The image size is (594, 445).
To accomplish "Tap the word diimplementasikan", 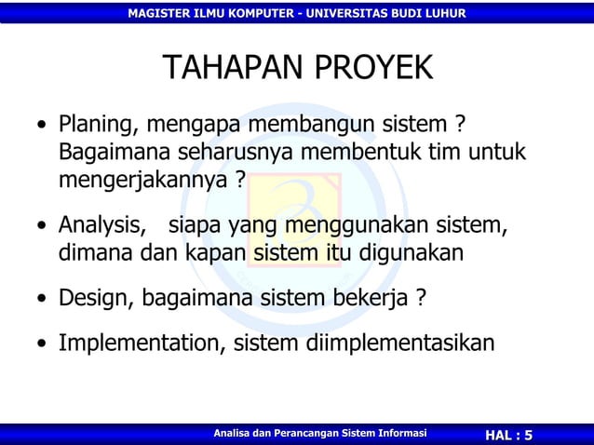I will (x=401, y=344).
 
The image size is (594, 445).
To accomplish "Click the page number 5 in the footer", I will (x=529, y=436).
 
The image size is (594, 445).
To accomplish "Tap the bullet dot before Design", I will (x=41, y=300).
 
